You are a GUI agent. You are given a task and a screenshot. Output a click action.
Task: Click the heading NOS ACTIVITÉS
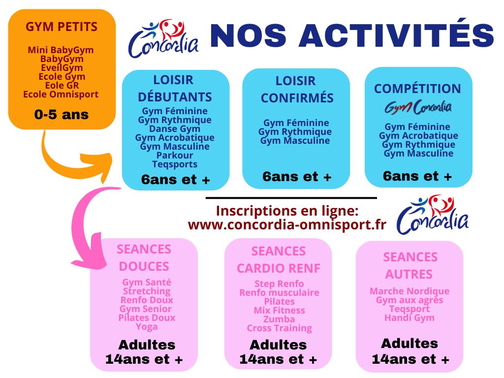point(351,36)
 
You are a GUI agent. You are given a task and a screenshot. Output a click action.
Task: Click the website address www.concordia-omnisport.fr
point(287,224)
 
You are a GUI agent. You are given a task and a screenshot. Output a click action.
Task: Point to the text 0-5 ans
point(62,115)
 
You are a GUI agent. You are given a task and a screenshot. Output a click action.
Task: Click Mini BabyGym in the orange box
point(61,50)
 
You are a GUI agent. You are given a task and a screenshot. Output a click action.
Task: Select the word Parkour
point(175,156)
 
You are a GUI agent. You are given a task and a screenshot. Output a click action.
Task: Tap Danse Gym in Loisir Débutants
point(175,129)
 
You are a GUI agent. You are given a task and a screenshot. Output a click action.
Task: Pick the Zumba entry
point(279,319)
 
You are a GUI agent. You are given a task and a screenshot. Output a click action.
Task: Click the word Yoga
point(147,326)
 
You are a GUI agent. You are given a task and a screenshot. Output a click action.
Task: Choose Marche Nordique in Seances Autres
point(409,291)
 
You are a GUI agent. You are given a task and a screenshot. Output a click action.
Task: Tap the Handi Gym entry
point(409,317)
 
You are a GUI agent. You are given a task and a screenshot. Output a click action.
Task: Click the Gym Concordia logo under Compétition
point(418,107)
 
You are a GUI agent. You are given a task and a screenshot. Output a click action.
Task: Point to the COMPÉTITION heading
point(417,89)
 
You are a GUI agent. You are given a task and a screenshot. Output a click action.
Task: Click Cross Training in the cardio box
point(279,328)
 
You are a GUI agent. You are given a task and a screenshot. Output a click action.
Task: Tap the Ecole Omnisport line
point(61,94)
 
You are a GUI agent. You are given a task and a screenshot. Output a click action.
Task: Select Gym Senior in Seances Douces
point(146,309)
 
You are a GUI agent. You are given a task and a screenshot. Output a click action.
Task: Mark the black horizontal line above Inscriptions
point(291,198)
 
